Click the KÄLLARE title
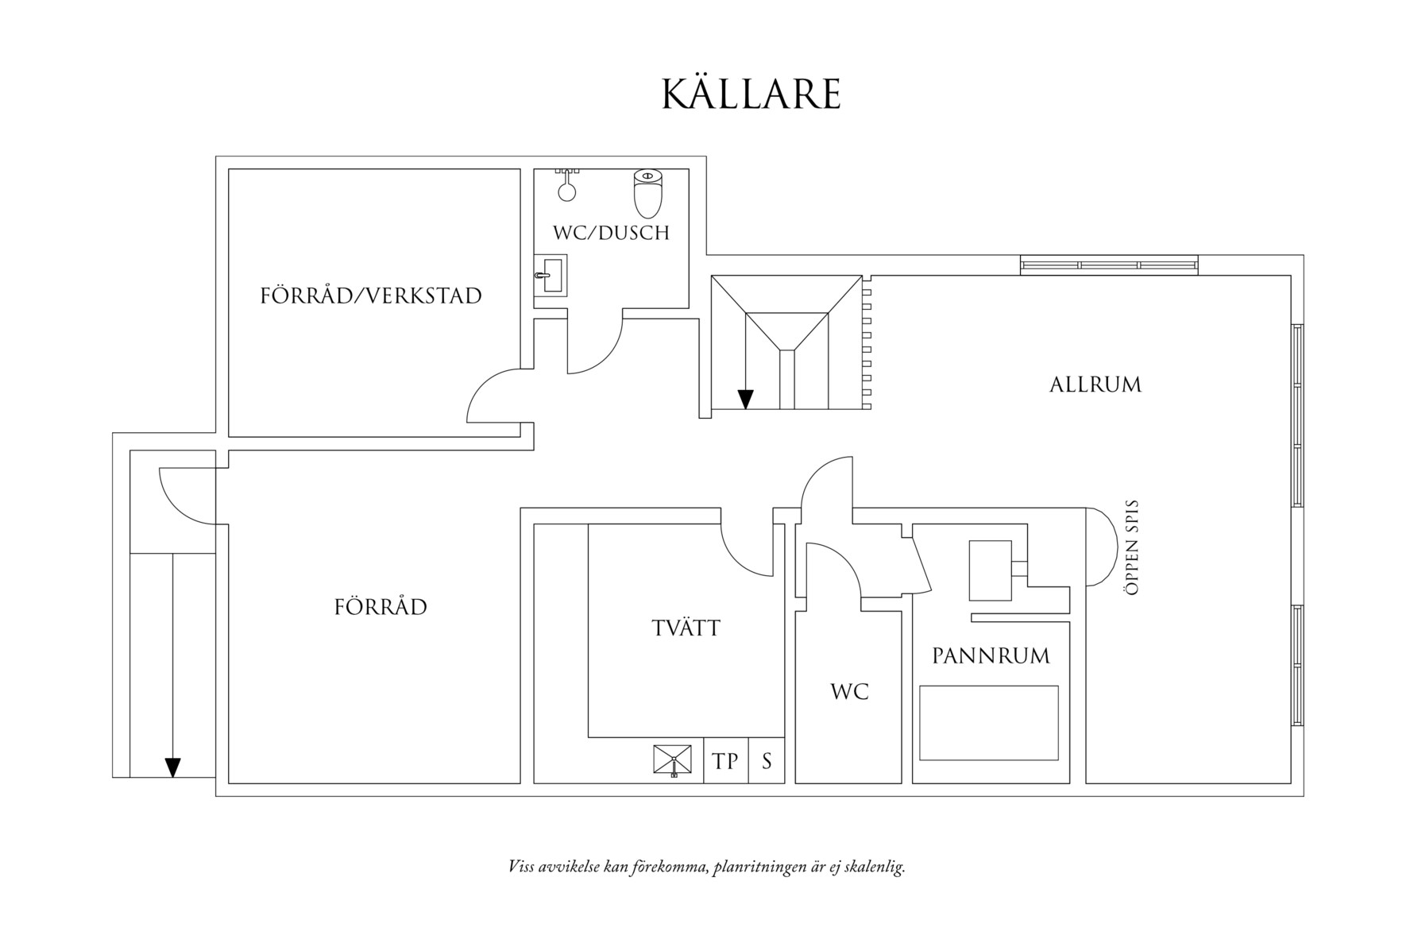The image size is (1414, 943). (x=751, y=94)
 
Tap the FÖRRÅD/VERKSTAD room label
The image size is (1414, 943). (x=371, y=296)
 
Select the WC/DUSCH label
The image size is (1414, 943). (x=611, y=233)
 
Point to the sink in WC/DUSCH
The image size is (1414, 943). (x=551, y=276)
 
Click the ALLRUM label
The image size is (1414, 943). (x=1095, y=385)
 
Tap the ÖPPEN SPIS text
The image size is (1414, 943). (x=1133, y=547)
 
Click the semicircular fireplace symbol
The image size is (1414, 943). (x=1101, y=547)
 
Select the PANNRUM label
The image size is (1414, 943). (x=991, y=656)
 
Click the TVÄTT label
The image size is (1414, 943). (x=686, y=628)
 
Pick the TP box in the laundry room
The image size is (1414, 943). (x=725, y=761)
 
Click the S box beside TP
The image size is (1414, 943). (x=767, y=761)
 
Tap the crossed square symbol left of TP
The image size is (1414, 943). (x=672, y=760)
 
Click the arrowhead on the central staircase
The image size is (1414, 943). (x=745, y=399)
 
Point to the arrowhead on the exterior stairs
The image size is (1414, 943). (x=172, y=767)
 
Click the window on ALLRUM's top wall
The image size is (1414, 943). (x=1109, y=265)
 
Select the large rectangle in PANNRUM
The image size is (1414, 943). (x=989, y=723)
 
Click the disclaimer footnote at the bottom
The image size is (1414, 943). (x=706, y=867)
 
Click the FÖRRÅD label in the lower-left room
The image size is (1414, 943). (x=381, y=608)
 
